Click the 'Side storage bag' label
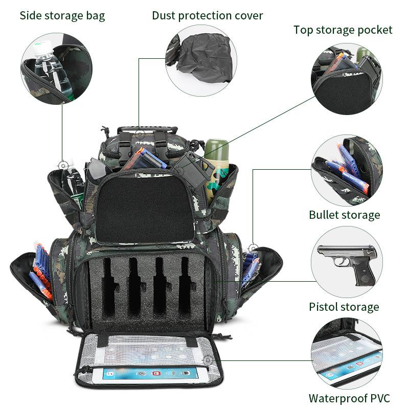(x=62, y=15)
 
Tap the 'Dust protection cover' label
(x=207, y=15)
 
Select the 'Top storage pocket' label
(x=343, y=30)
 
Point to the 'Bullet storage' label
(x=344, y=215)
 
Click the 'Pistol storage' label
(x=344, y=307)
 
